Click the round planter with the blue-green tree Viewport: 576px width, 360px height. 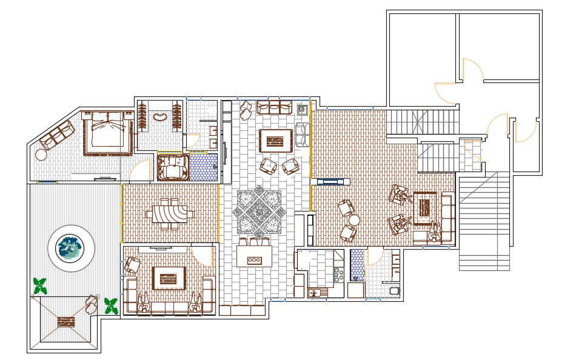(x=71, y=248)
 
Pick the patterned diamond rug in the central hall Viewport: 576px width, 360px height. (x=259, y=212)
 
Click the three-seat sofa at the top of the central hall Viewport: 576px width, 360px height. (x=275, y=108)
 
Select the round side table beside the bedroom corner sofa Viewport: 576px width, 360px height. (x=41, y=155)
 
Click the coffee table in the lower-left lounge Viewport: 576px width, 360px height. (x=169, y=278)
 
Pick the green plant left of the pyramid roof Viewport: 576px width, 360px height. (x=40, y=285)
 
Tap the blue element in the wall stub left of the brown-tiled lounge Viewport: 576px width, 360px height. (x=330, y=181)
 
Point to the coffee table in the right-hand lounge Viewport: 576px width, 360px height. (x=424, y=204)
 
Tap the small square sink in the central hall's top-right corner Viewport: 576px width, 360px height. (x=302, y=110)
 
